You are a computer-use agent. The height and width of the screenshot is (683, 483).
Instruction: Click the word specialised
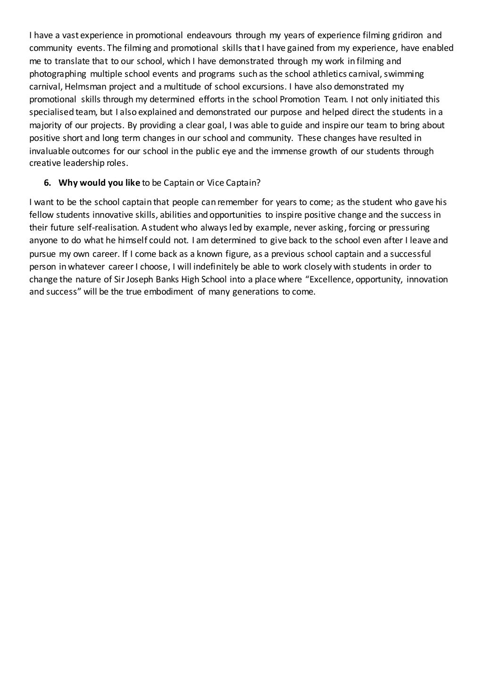tap(49, 112)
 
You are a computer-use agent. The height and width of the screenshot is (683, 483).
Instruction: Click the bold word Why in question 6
tap(67, 182)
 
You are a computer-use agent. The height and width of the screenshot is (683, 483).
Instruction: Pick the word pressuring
tap(410, 228)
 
